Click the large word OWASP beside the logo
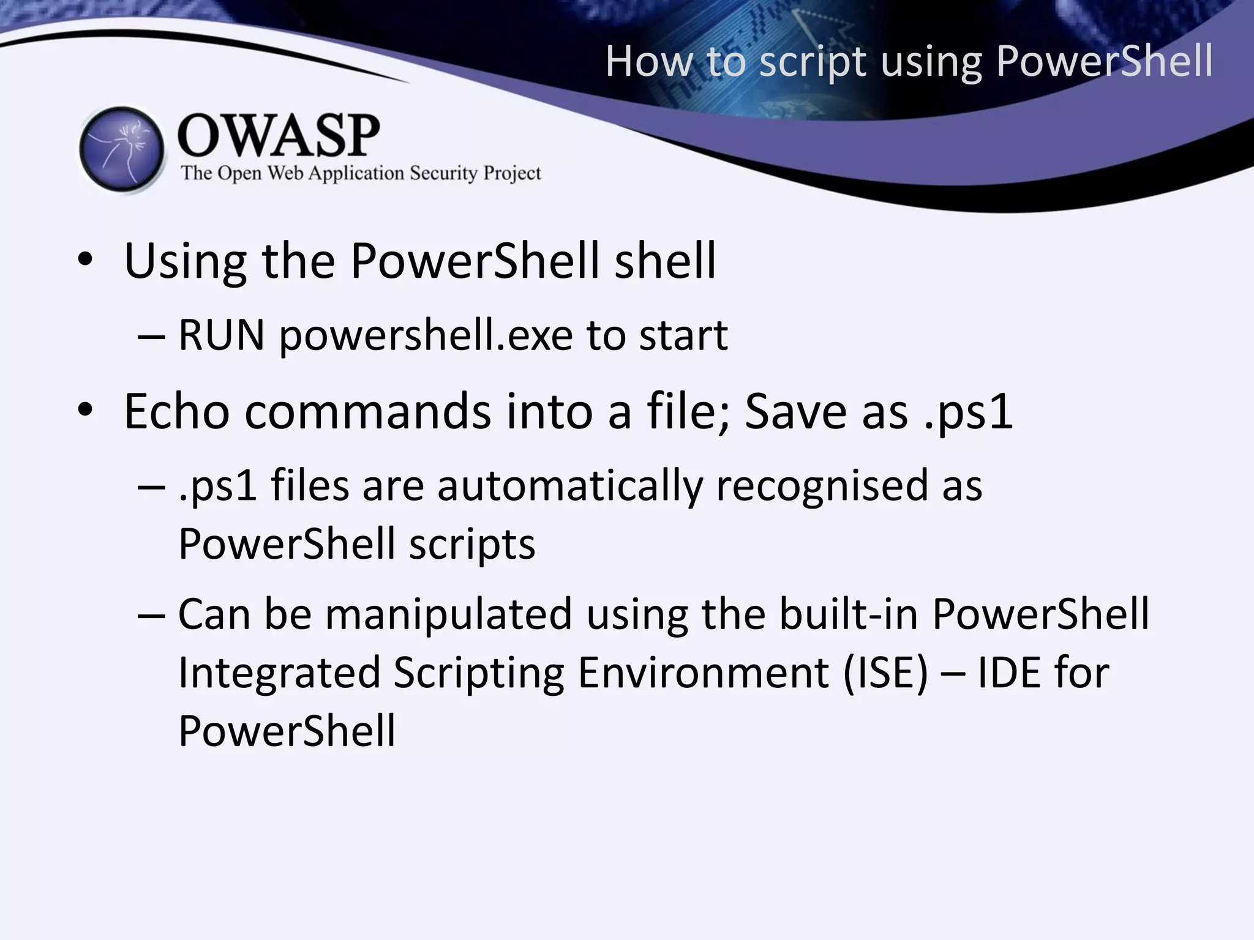pos(279,136)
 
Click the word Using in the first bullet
pos(185,262)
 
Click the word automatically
pos(569,486)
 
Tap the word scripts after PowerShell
pos(472,544)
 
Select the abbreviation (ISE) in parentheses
pos(885,673)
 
